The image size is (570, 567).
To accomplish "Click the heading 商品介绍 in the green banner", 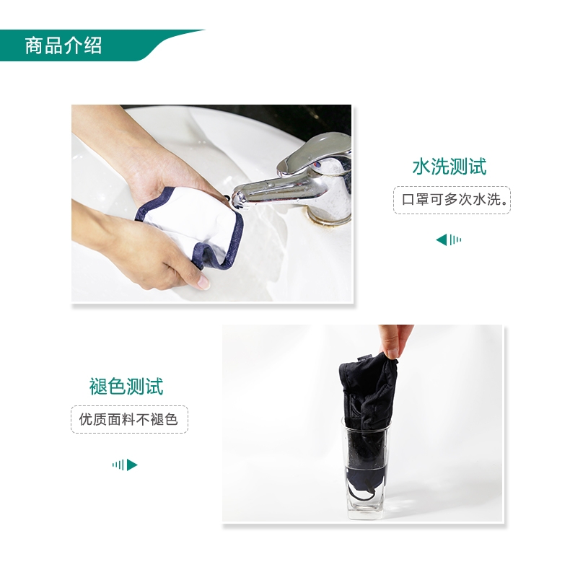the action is [63, 45].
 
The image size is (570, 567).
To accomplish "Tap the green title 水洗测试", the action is [450, 167].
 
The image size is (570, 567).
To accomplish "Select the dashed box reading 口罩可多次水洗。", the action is [452, 200].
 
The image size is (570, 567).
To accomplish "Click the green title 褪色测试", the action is [126, 386].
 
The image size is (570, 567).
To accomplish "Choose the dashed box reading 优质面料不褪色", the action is [129, 419].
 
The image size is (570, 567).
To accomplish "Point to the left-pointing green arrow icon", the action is [449, 240].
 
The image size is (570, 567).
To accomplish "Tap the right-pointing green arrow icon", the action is [125, 465].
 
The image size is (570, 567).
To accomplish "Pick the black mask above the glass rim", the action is [367, 392].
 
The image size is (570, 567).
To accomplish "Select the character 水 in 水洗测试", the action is [421, 167].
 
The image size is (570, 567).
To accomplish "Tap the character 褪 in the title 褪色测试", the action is [98, 386].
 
